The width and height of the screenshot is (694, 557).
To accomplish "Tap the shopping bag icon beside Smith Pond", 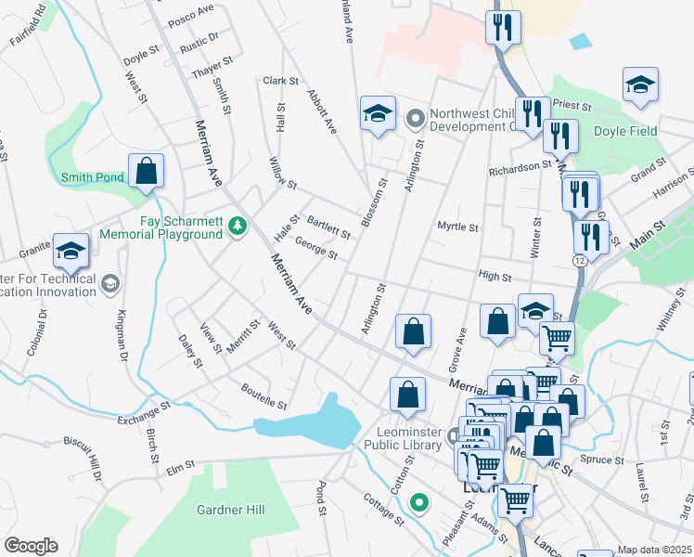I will [147, 172].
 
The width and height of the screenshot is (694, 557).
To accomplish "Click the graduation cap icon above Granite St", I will [71, 252].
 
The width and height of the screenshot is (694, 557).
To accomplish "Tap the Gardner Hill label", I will [231, 510].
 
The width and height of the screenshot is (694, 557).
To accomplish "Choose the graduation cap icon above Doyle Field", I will [640, 85].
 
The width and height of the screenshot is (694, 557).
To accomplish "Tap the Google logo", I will [31, 546].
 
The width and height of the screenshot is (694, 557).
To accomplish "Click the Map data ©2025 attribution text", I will [655, 550].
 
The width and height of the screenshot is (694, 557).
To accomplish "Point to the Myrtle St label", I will [457, 227].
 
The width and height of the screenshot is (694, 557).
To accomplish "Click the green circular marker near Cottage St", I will [419, 504].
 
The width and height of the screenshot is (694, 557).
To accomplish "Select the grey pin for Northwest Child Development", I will [415, 118].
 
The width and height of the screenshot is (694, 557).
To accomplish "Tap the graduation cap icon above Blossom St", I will [378, 114].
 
